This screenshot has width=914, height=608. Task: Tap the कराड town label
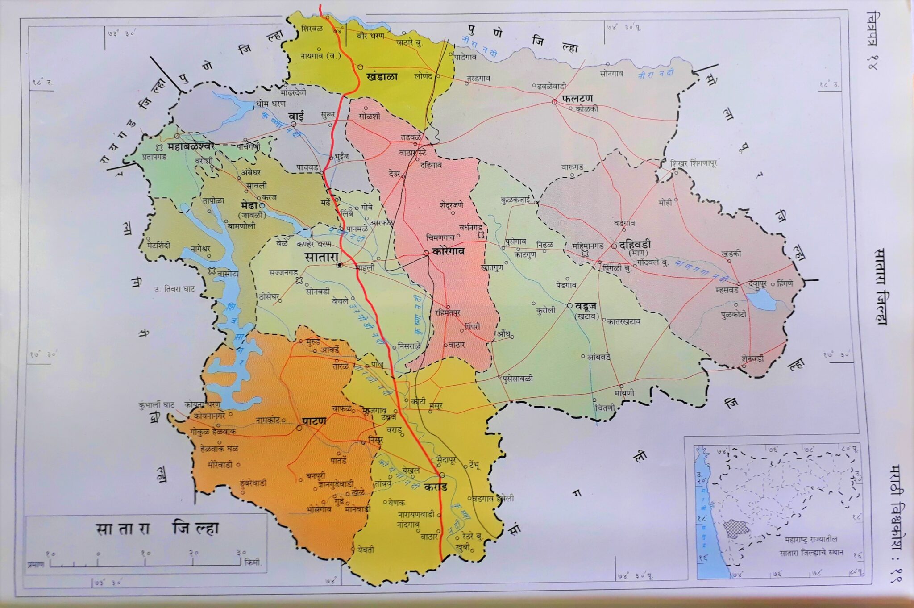[436, 486]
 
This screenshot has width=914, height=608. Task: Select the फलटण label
[577, 97]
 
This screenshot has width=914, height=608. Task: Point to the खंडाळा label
[382, 76]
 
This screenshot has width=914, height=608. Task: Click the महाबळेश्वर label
[191, 146]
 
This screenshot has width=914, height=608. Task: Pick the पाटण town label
[314, 421]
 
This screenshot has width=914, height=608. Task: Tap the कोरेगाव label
[448, 251]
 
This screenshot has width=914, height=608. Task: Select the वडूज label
[586, 306]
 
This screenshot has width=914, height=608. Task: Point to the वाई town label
[296, 116]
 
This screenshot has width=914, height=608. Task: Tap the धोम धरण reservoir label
[270, 104]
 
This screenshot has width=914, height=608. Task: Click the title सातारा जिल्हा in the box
[157, 529]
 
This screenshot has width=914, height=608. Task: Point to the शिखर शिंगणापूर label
[693, 163]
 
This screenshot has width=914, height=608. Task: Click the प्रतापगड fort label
[154, 157]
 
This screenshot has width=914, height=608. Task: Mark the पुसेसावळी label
[518, 379]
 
